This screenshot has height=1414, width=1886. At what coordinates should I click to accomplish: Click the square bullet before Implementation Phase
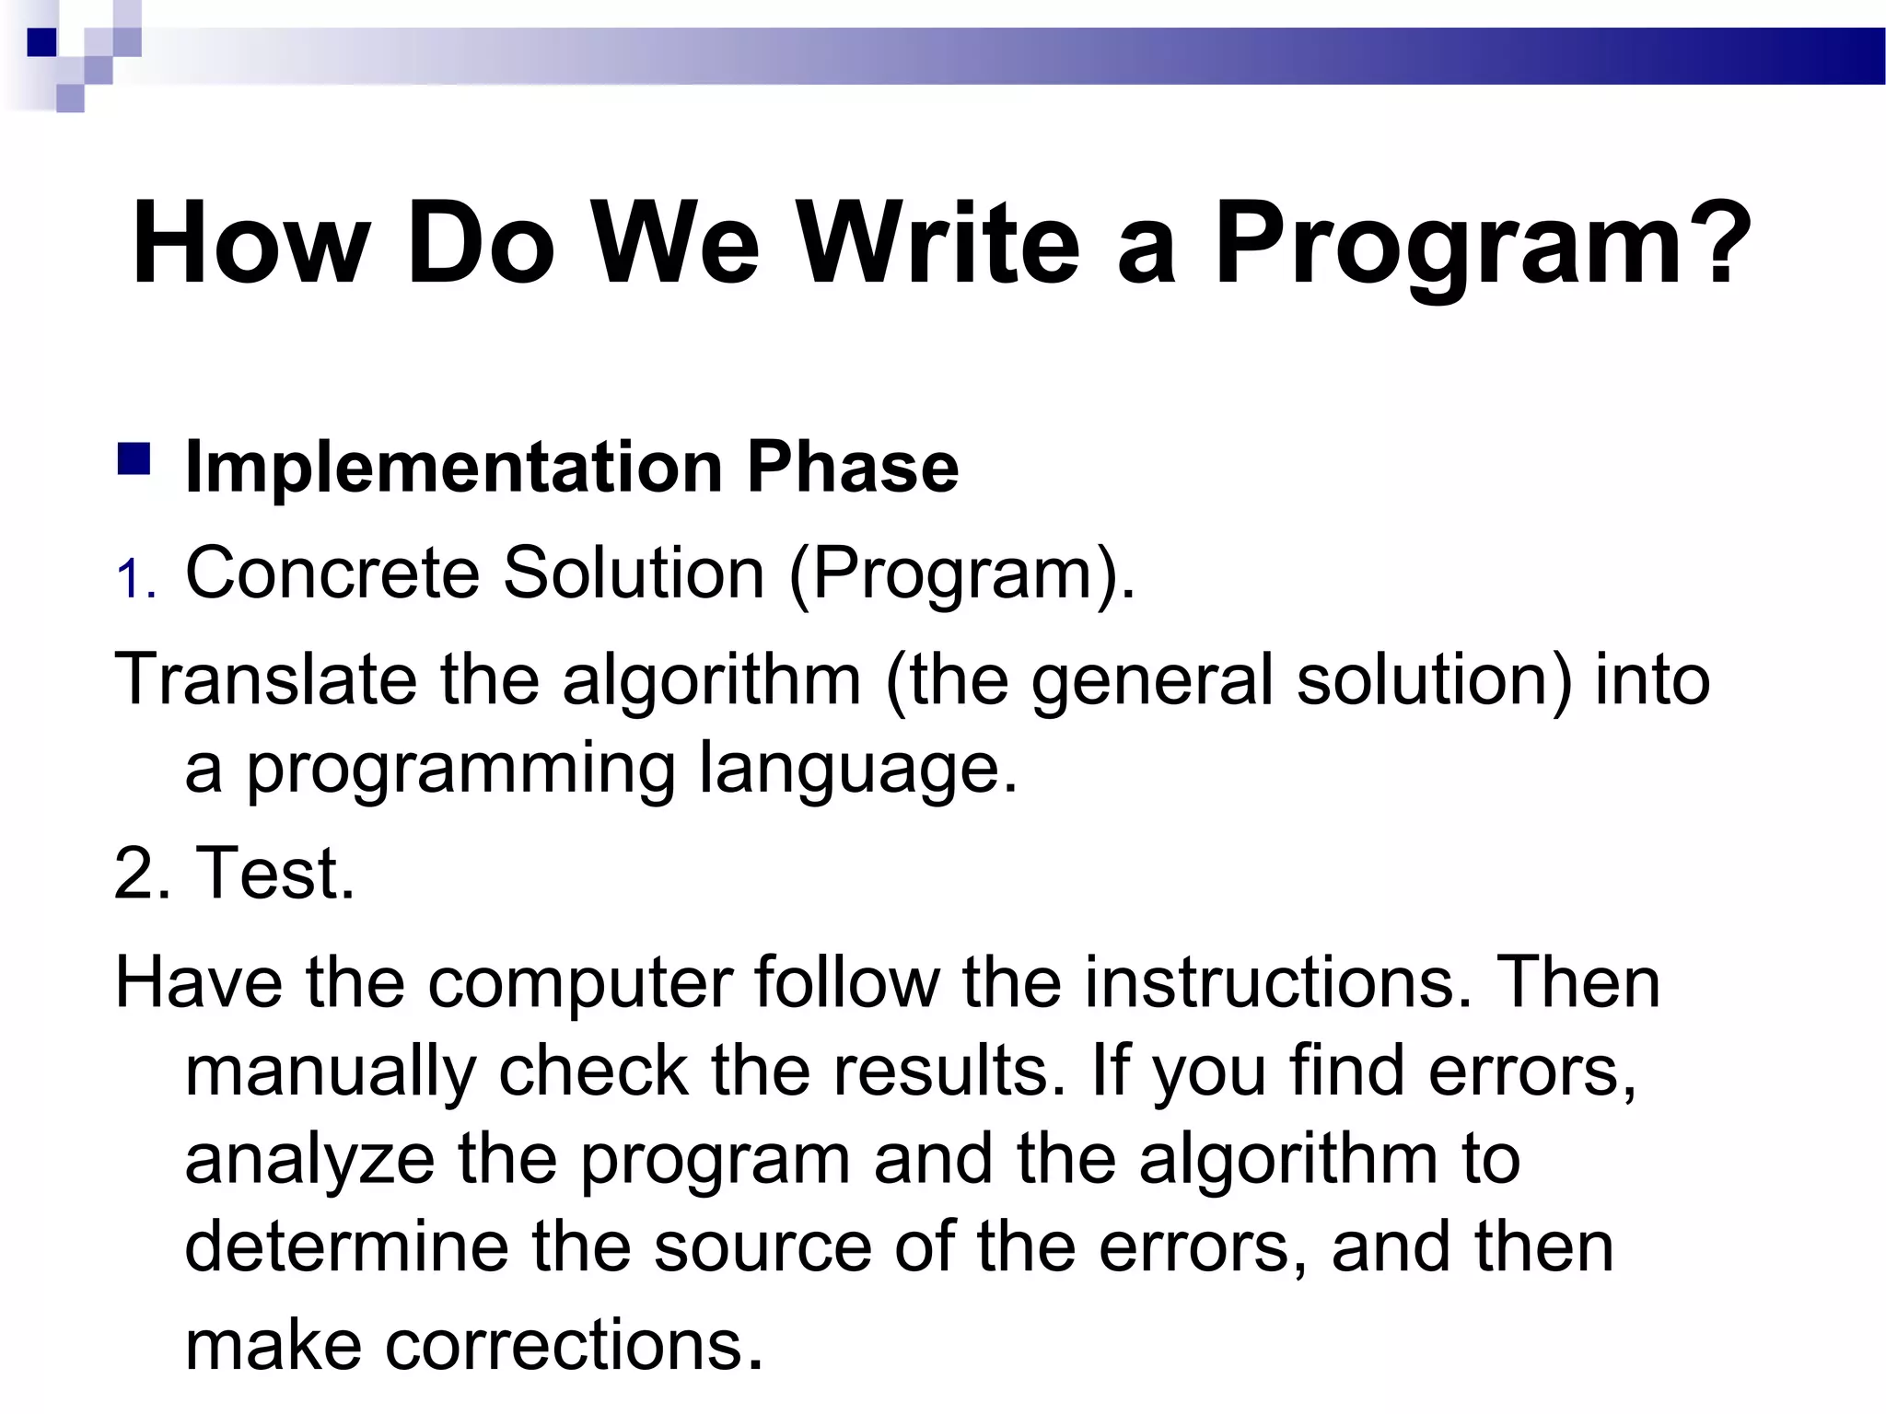pyautogui.click(x=134, y=458)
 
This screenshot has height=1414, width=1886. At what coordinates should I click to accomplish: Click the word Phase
pyautogui.click(x=852, y=467)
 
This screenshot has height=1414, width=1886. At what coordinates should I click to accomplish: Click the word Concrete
pyautogui.click(x=332, y=573)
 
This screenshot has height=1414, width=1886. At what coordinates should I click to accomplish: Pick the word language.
pyautogui.click(x=857, y=770)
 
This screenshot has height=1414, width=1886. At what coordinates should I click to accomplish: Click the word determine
pyautogui.click(x=346, y=1247)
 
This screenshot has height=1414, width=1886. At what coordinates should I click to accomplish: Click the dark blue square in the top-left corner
pyautogui.click(x=42, y=42)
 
